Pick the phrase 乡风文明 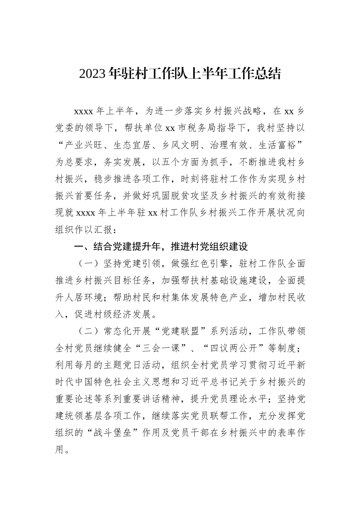(182, 145)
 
